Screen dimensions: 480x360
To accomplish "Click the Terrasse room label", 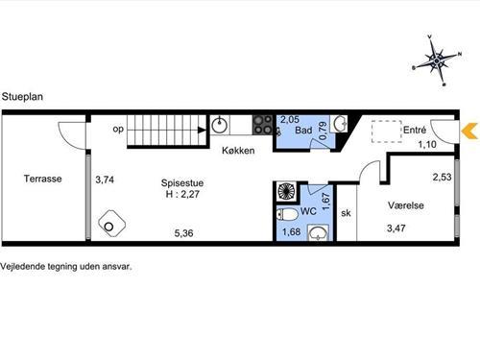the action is coord(43,179).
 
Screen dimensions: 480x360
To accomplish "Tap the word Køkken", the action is coord(238,151).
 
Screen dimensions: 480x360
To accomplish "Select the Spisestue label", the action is coord(182,183).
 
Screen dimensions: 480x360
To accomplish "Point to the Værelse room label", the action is coord(406,205).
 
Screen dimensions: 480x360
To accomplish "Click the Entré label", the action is coord(415,130).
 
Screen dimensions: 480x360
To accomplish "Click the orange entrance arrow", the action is coord(469,132).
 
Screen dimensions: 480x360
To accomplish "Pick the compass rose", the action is coord(437,60).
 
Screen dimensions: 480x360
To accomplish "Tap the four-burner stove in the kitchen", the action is coord(263,125).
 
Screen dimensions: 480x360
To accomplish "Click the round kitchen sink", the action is coord(220,125).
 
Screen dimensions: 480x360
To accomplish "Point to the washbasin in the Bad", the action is coord(340,123).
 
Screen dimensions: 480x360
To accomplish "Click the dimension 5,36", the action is coord(183,233).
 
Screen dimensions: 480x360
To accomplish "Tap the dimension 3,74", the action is coord(105,180).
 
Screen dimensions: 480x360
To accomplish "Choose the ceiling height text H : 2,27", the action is coord(182,194).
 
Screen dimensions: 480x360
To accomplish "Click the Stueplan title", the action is coord(22,97).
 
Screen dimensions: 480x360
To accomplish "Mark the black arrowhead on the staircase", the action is coord(202,130).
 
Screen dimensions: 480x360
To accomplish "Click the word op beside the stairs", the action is coord(118,129).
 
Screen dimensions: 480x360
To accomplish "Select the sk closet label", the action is coord(346,213).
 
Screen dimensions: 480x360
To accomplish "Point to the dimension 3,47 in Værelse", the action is coord(396,228).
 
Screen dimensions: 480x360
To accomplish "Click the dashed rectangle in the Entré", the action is coord(387,132).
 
